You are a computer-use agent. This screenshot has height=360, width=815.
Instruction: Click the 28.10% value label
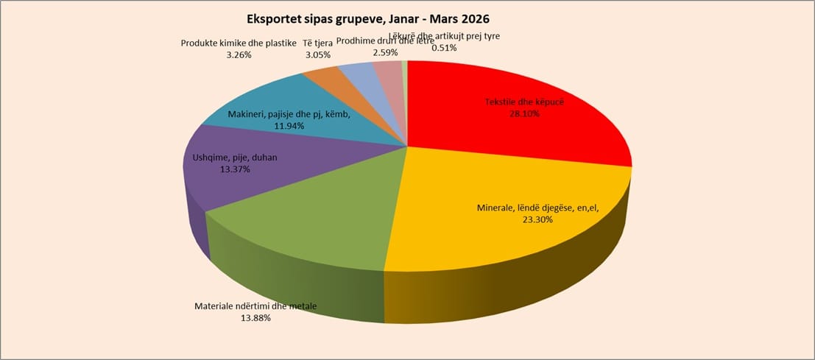click(523, 114)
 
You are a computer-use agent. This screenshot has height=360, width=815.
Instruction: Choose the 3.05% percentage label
click(318, 54)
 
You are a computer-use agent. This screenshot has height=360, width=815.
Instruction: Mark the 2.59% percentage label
click(385, 52)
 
